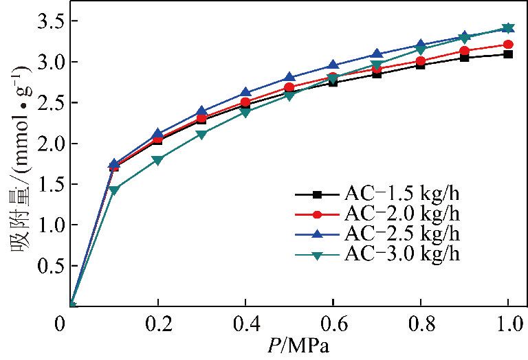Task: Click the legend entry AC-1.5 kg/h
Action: click(399, 194)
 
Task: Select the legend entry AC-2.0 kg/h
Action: click(399, 214)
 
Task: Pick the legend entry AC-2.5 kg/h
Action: click(399, 234)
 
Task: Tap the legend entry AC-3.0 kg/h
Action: click(399, 254)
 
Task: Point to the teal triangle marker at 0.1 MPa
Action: click(115, 190)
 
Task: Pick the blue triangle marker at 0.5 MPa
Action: click(290, 78)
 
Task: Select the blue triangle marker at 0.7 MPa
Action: click(377, 54)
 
